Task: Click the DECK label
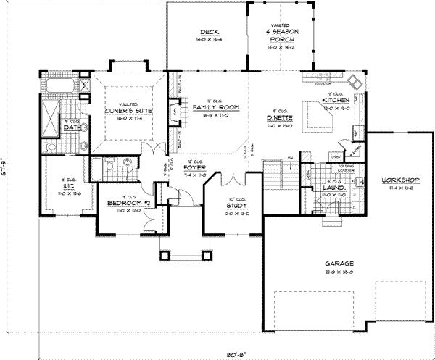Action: point(210,33)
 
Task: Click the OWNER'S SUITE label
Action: point(127,110)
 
